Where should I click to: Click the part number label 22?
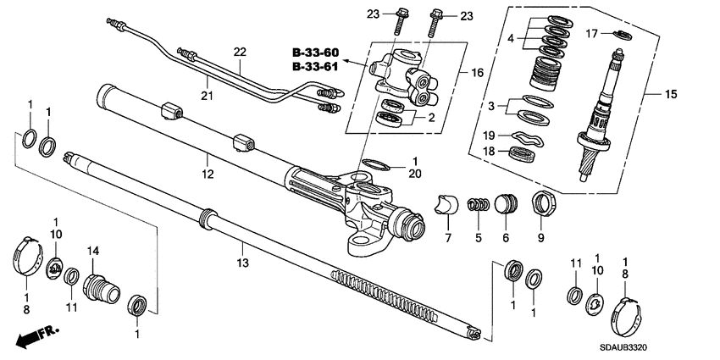tap(240, 53)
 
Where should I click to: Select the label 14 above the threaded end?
tap(93, 251)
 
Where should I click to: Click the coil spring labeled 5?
tap(479, 208)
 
